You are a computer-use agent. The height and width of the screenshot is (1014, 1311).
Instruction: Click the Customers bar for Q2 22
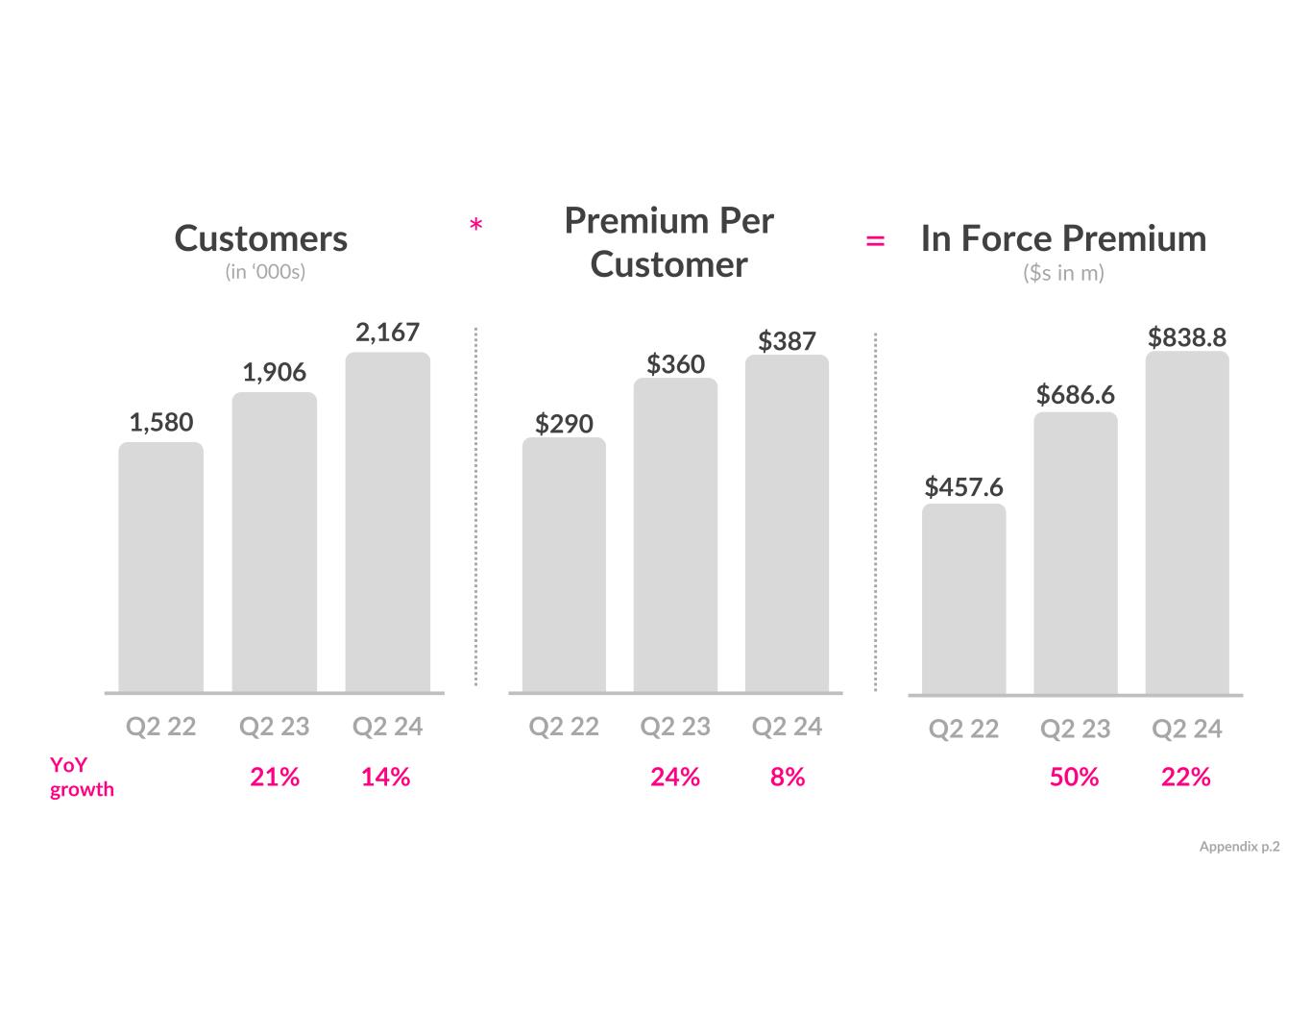point(160,566)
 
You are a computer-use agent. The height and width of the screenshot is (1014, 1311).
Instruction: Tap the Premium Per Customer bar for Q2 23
point(675,534)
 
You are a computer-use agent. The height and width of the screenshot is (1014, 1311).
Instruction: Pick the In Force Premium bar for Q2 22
point(963,598)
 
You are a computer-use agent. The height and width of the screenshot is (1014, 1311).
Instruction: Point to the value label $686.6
point(1075,395)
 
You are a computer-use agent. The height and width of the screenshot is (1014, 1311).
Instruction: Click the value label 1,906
point(274,373)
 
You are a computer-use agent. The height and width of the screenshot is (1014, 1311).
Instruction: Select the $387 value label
point(787,341)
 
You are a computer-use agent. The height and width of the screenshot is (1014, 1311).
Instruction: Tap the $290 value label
point(564,424)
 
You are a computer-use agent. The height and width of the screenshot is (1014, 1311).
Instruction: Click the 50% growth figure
point(1074,777)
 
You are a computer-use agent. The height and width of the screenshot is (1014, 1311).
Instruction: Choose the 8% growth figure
point(787,777)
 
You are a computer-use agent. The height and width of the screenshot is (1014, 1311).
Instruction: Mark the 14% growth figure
point(385,777)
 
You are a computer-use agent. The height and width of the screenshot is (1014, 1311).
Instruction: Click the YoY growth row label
point(82,777)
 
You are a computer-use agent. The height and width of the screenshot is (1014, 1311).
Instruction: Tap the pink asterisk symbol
point(475,227)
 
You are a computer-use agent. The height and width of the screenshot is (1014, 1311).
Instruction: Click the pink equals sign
point(875,241)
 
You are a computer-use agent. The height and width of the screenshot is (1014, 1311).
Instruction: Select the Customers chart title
point(261,238)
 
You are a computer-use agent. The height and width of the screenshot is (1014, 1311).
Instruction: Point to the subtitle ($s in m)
point(1063,273)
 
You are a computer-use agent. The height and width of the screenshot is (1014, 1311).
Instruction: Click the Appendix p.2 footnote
point(1239,847)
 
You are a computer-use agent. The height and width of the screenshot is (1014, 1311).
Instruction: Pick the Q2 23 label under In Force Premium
point(1075,730)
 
